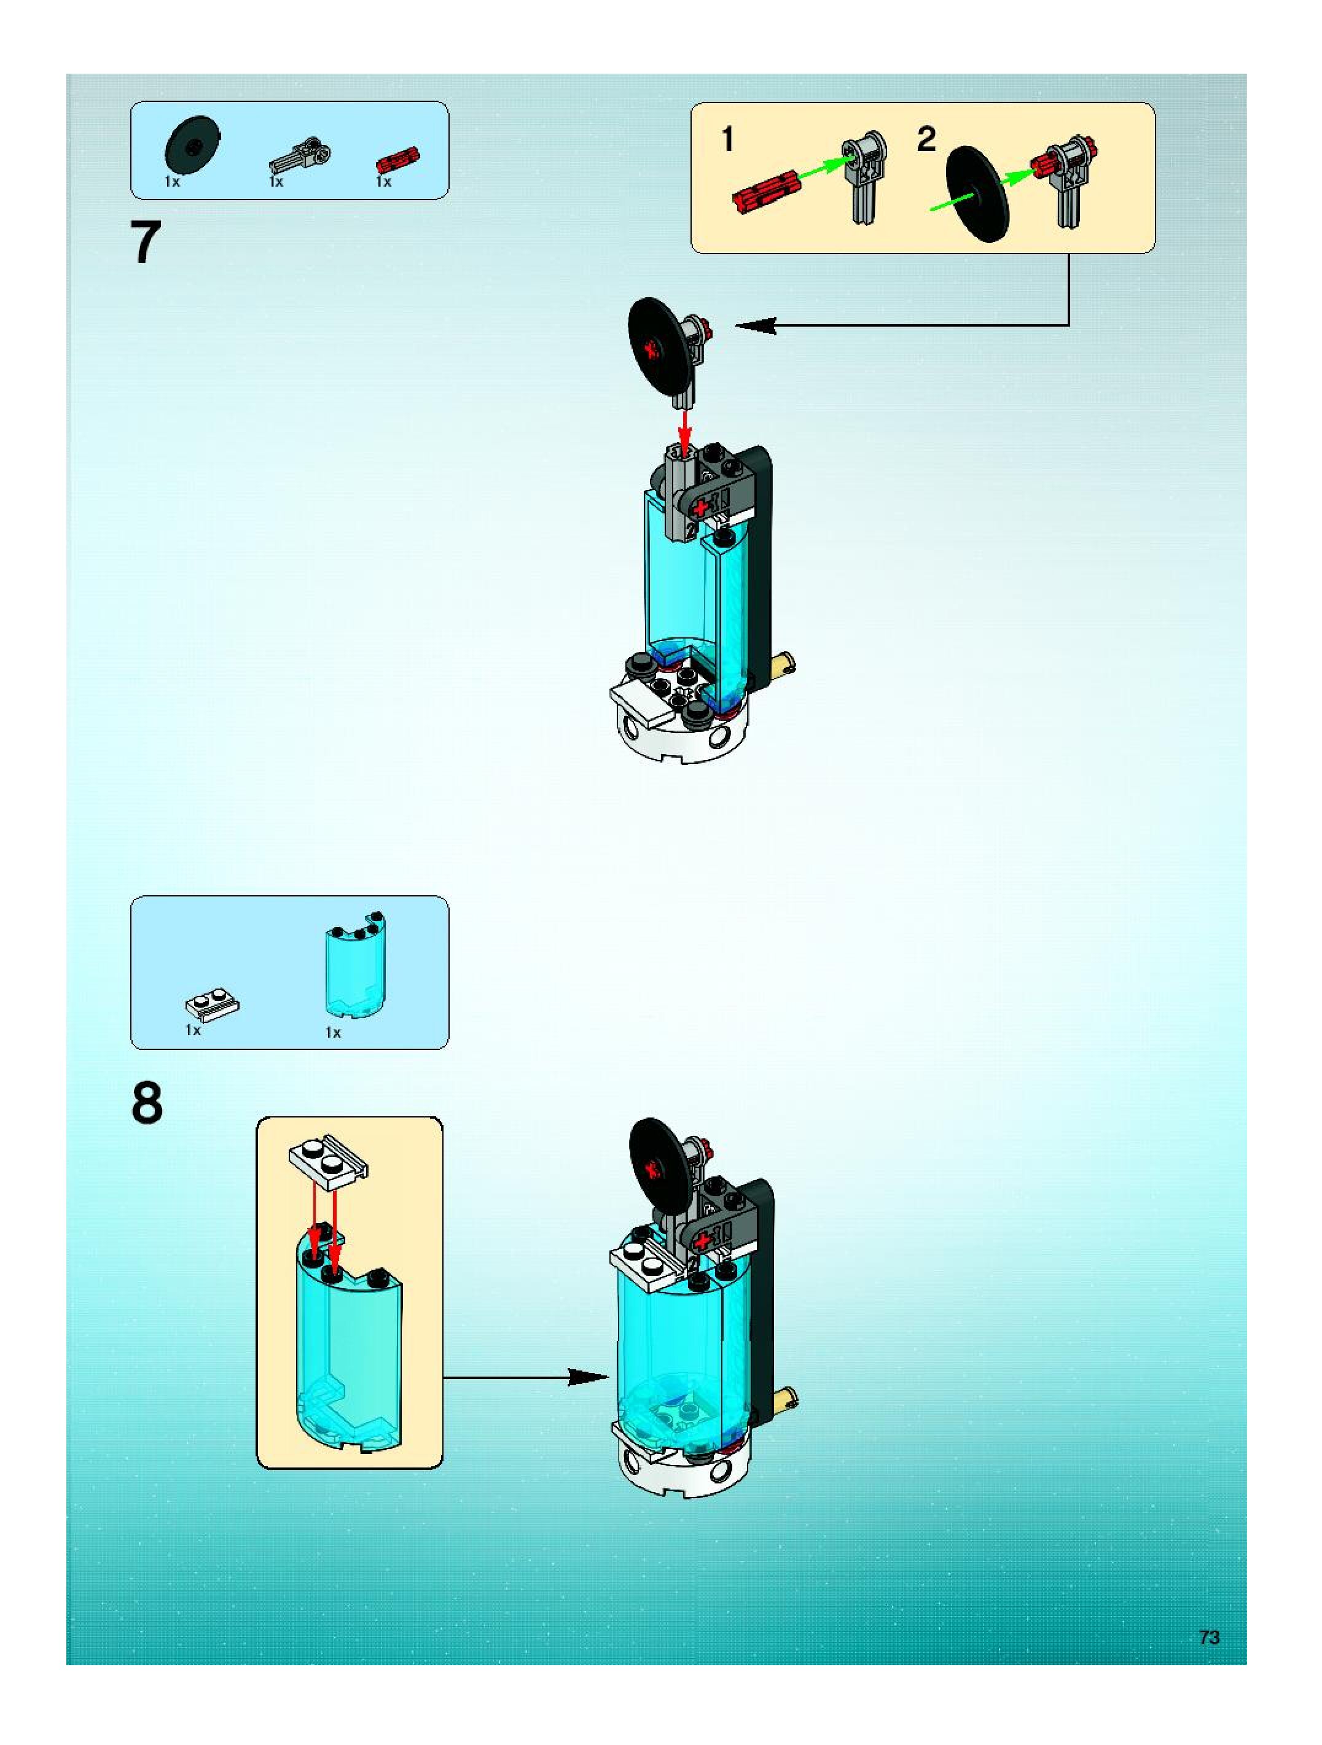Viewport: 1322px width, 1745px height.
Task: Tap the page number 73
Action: pos(1208,1637)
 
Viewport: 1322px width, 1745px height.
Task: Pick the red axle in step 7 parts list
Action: pos(398,160)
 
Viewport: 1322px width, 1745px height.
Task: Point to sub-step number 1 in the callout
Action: pos(728,139)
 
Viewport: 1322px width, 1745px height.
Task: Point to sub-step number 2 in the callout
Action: pos(926,139)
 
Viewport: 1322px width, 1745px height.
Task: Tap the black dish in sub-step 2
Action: pos(977,193)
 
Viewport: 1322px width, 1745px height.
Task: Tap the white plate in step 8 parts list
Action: pos(211,1005)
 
